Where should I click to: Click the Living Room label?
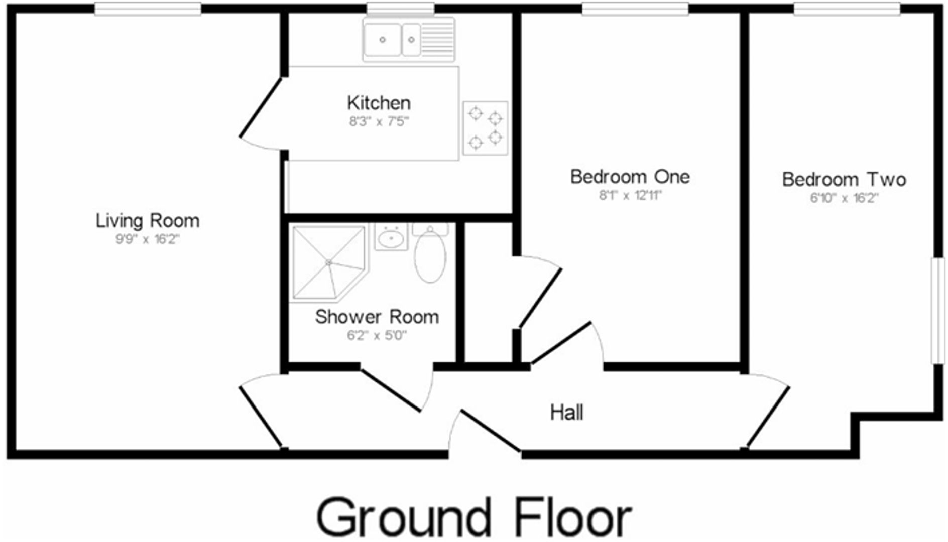[x=148, y=221]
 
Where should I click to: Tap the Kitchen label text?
[x=379, y=103]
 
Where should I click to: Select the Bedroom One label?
[x=630, y=177]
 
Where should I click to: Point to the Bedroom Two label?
[x=844, y=179]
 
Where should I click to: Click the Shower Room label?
[x=377, y=317]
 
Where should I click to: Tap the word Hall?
[x=566, y=413]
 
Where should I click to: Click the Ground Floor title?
[x=473, y=517]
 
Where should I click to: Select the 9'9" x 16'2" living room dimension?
[x=147, y=239]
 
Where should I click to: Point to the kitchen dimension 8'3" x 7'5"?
[x=379, y=121]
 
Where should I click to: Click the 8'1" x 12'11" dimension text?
[x=630, y=195]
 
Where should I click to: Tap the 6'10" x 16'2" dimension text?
[x=844, y=198]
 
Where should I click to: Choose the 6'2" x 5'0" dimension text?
[x=377, y=335]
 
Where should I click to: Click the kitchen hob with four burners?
[x=485, y=128]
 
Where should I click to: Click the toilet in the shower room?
[x=430, y=254]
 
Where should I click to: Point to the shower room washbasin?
[x=391, y=238]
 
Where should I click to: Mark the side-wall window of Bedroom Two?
[x=937, y=311]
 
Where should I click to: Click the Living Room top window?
[x=148, y=9]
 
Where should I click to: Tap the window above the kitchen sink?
[x=400, y=9]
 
